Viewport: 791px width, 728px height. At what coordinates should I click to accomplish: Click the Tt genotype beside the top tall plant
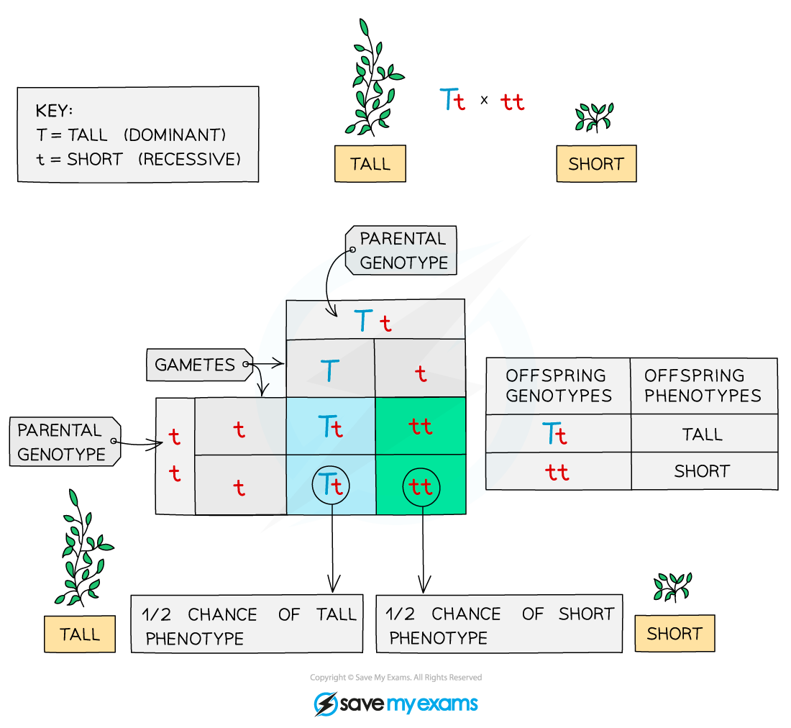point(452,101)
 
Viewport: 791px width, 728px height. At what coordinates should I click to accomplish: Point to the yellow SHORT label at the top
point(595,164)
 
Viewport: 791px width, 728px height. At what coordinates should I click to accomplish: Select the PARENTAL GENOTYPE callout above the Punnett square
point(403,250)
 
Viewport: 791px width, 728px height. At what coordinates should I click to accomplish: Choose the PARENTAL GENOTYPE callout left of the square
point(63,442)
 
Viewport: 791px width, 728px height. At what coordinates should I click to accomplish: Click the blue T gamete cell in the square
point(329,371)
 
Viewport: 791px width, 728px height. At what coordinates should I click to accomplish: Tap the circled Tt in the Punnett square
point(332,486)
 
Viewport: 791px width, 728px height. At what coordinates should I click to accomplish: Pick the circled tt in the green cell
point(421,487)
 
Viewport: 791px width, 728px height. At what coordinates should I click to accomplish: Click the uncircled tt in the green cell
point(421,427)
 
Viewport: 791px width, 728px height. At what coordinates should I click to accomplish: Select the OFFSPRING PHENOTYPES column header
point(703,386)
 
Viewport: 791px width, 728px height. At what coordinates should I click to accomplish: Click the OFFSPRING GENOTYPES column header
point(558,386)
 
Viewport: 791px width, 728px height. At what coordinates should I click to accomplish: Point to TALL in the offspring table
point(703,434)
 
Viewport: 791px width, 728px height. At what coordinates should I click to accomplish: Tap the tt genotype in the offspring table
point(557,472)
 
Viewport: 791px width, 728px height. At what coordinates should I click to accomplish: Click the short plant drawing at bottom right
point(672,586)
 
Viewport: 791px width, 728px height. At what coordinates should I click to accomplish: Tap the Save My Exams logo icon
point(326,704)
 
